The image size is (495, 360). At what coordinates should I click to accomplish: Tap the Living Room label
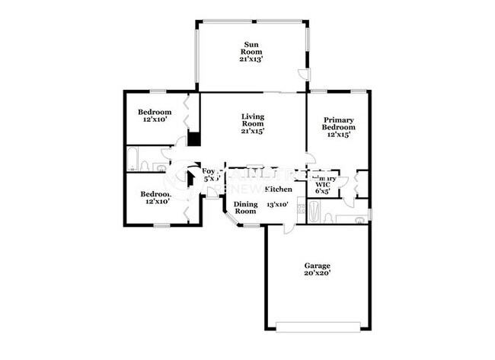point(252,119)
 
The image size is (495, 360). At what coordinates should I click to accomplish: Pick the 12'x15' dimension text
point(339,135)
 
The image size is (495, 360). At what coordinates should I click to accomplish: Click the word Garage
point(317,266)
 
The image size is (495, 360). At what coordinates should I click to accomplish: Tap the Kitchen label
point(278,190)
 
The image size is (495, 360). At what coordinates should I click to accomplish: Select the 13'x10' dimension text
point(277,205)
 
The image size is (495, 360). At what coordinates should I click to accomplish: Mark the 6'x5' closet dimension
point(323,191)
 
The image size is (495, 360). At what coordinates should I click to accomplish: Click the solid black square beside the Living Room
point(193,139)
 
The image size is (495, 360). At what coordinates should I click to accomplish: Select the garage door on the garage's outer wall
point(317,328)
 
